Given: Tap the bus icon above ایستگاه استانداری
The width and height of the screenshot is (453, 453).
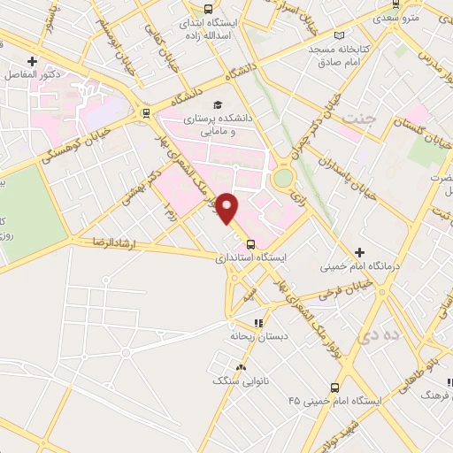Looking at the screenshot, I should click(x=250, y=244).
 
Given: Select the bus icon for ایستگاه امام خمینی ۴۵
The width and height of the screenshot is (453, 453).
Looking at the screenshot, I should click(x=334, y=387).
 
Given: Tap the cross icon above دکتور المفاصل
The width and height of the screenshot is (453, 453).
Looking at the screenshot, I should click(x=33, y=61).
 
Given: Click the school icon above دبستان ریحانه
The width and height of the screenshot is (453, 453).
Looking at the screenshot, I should click(x=258, y=324).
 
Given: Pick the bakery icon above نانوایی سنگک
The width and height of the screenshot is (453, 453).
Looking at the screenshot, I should click(x=239, y=366).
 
